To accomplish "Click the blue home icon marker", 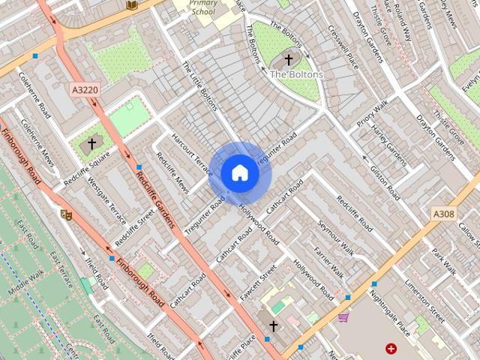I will (240, 173).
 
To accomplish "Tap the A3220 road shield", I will (84, 90).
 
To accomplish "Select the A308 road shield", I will (443, 214).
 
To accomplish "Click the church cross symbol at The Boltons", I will (289, 59).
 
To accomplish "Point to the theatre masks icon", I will (66, 214).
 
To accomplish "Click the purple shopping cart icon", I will (343, 318).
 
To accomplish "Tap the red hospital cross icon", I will (391, 349).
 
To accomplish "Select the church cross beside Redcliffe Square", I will (92, 142).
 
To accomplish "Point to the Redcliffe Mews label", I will (172, 172).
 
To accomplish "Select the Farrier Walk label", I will (328, 260).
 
